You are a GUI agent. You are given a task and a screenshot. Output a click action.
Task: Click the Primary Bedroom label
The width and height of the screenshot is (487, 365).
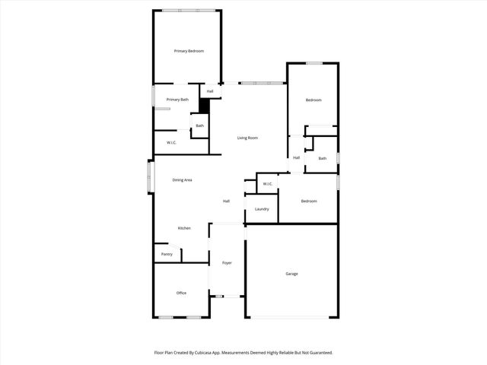pos(189,51)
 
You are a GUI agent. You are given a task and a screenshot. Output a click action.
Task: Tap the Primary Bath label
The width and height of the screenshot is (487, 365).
pos(177,100)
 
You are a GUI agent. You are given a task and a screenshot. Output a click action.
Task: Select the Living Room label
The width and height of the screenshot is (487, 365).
pos(247,138)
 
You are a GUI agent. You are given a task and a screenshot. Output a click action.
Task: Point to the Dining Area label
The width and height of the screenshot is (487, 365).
pos(182,180)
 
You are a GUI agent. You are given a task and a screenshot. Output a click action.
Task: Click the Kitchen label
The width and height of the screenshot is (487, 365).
pos(184,228)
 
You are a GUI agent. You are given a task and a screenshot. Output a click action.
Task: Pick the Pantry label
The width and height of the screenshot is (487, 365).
pos(167,254)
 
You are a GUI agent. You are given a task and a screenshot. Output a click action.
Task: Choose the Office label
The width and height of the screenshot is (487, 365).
pos(181,293)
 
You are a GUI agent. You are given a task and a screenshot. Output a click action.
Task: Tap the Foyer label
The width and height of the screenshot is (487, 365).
pos(227,263)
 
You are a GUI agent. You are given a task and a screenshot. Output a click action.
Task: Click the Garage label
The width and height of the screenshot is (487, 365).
pos(291,274)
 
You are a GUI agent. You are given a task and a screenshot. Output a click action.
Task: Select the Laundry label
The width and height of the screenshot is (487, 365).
pos(262,208)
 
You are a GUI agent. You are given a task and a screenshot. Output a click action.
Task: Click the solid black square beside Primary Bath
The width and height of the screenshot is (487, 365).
pos(204,107)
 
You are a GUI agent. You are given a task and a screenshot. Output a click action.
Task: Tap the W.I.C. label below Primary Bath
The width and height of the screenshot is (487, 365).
pos(171,142)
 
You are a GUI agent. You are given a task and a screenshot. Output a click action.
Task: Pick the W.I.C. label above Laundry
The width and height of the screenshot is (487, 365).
pos(267,184)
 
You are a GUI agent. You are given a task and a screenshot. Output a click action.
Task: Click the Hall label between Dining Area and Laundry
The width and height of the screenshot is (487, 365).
pos(226,202)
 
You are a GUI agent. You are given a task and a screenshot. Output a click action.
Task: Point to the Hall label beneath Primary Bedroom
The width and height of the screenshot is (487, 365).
pos(210,92)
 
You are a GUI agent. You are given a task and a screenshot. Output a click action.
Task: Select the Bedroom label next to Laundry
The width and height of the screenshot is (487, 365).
pos(308,201)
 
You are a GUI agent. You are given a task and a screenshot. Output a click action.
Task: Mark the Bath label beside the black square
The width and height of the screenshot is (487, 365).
pos(199,126)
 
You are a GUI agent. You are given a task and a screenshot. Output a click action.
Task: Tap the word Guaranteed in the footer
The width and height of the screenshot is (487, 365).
pos(317,353)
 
